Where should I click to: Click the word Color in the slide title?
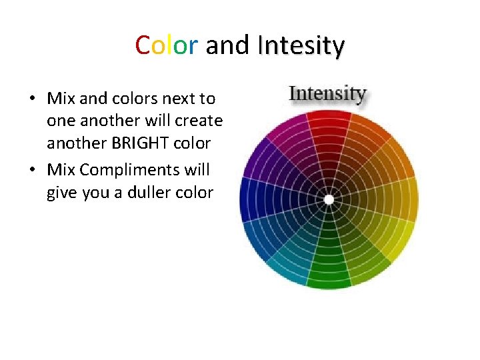click(166, 46)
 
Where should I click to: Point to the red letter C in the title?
click(142, 46)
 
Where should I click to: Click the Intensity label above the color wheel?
click(327, 93)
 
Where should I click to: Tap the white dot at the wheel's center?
click(329, 199)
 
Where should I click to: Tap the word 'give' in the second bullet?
click(61, 193)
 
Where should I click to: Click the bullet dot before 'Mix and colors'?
click(32, 99)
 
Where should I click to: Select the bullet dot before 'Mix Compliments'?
click(32, 171)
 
